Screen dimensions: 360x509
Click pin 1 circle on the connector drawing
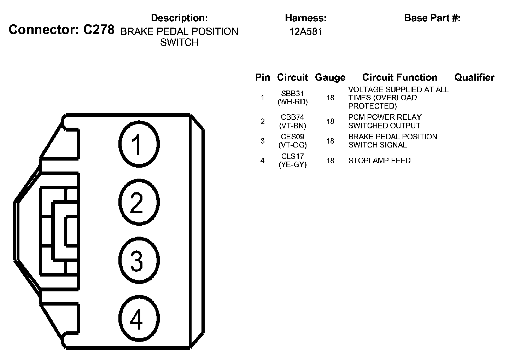pyautogui.click(x=139, y=144)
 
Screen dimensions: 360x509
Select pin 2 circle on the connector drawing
pyautogui.click(x=139, y=202)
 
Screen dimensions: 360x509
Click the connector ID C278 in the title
pyautogui.click(x=99, y=30)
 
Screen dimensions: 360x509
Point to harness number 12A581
pyautogui.click(x=306, y=32)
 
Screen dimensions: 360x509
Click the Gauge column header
pyautogui.click(x=330, y=77)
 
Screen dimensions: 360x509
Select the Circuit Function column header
pyautogui.click(x=400, y=77)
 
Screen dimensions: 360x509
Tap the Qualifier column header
pyautogui.click(x=474, y=77)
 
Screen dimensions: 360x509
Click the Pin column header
pyautogui.click(x=262, y=77)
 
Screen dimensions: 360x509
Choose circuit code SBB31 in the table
pyautogui.click(x=292, y=94)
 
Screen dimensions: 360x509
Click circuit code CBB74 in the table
pyautogui.click(x=292, y=117)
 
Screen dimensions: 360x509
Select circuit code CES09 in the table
pyautogui.click(x=292, y=137)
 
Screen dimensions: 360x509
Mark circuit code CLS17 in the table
pyautogui.click(x=292, y=156)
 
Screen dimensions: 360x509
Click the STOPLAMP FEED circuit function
pyautogui.click(x=379, y=161)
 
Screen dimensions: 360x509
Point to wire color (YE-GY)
pyautogui.click(x=292, y=164)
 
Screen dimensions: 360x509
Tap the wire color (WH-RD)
pyautogui.click(x=292, y=102)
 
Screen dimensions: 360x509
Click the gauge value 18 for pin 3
pyautogui.click(x=330, y=141)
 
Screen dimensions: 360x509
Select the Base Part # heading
pyautogui.click(x=432, y=18)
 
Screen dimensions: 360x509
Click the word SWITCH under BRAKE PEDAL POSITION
pyautogui.click(x=179, y=42)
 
